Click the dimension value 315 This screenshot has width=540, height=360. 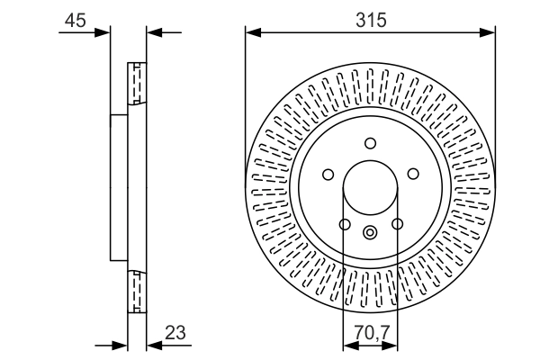[371, 20]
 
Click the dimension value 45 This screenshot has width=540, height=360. [75, 21]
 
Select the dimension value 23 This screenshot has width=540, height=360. [175, 332]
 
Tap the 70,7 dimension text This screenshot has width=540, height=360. [372, 332]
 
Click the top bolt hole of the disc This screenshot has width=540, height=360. [370, 143]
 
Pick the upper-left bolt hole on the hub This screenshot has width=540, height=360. [328, 175]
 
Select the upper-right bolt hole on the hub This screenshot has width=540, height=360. [413, 174]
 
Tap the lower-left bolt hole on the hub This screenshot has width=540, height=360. [345, 224]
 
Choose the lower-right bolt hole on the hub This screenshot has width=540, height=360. [397, 224]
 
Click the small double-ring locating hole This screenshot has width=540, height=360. [370, 232]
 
